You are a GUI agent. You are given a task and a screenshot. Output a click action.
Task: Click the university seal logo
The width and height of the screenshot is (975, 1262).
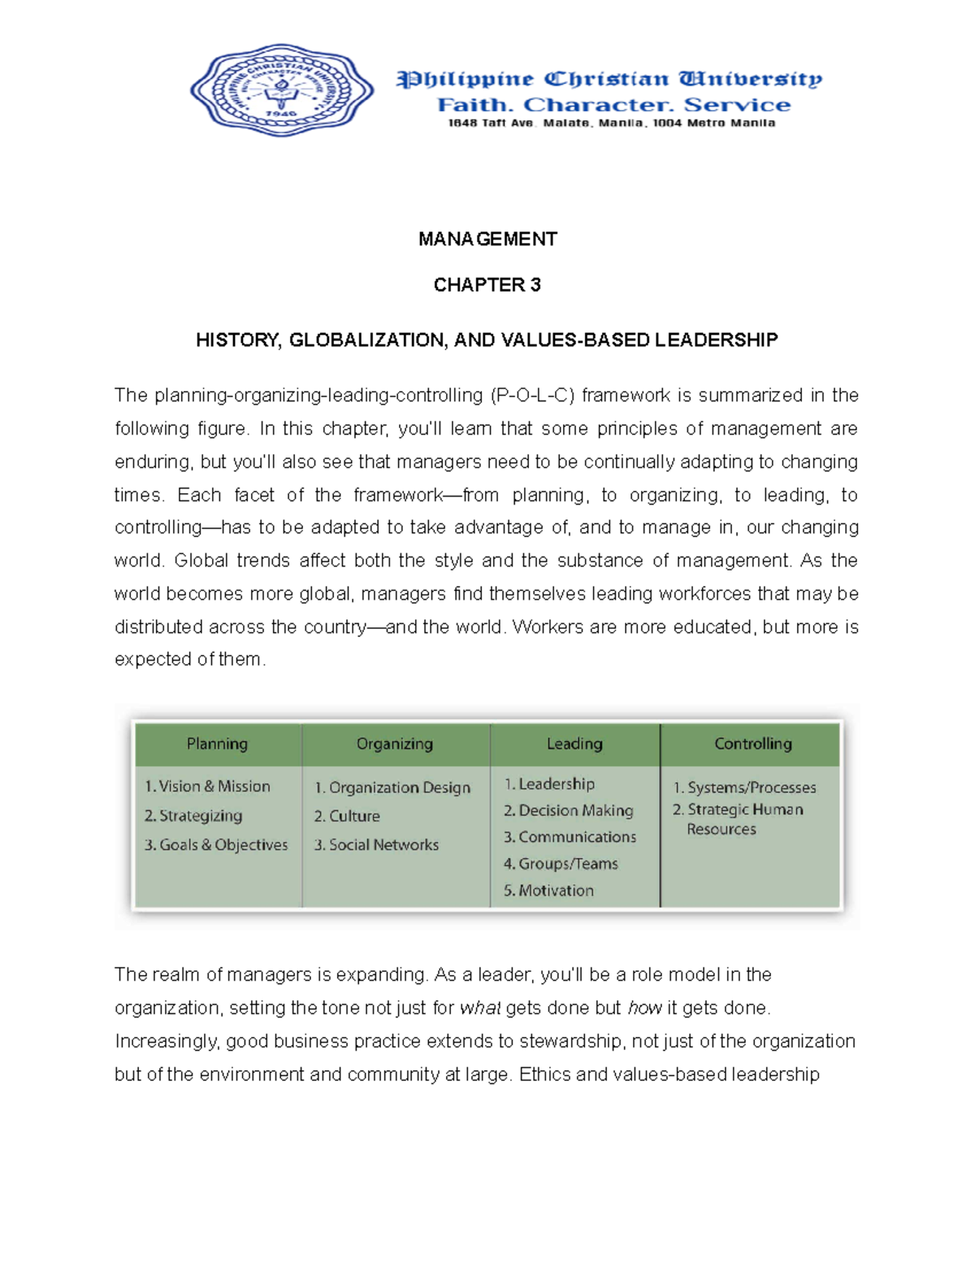click(x=282, y=90)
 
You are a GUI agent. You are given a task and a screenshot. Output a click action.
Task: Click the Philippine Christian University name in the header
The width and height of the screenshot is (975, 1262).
click(x=609, y=79)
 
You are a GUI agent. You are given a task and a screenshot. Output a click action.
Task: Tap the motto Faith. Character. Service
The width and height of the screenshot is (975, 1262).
click(x=613, y=105)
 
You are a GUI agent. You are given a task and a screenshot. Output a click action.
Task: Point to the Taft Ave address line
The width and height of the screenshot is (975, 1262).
click(x=611, y=124)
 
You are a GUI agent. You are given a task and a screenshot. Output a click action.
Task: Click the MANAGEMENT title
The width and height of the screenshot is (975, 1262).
click(x=487, y=239)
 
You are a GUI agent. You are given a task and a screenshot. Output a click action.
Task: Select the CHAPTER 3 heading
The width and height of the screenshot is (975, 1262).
click(x=487, y=285)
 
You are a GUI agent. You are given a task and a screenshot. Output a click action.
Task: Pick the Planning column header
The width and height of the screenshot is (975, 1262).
click(x=217, y=744)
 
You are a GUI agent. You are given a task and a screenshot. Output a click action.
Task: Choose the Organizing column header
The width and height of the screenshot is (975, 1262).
click(x=395, y=744)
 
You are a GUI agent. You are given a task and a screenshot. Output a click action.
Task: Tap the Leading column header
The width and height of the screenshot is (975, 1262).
click(x=574, y=744)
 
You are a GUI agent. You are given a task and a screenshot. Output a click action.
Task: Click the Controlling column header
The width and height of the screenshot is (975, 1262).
click(x=752, y=744)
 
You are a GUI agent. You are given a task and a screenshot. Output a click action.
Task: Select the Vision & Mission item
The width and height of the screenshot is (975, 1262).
click(x=207, y=787)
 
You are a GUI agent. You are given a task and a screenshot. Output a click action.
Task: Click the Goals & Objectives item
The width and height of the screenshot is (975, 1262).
click(x=216, y=845)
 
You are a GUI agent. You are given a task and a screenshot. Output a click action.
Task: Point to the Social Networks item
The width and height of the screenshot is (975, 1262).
click(x=376, y=845)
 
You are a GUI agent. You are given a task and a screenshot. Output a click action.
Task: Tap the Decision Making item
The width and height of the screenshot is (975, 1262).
click(x=568, y=811)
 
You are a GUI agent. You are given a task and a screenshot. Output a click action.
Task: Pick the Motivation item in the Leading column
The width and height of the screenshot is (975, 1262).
click(x=548, y=891)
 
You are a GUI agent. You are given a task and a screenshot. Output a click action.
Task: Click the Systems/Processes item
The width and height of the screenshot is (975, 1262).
click(x=744, y=787)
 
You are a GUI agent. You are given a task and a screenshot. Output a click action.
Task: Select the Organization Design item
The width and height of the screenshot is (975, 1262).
click(x=392, y=787)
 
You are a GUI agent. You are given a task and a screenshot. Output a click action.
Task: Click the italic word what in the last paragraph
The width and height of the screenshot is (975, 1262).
click(x=479, y=1008)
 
